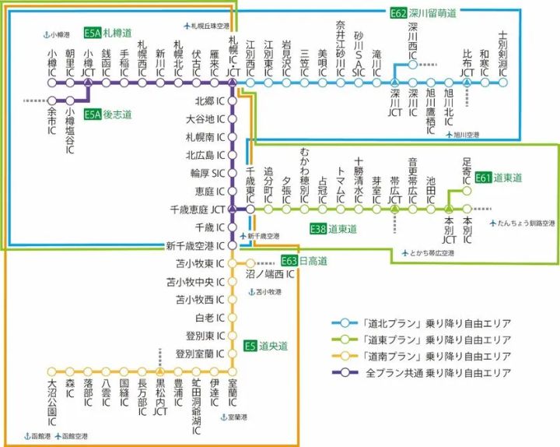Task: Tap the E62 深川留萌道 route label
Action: point(422,13)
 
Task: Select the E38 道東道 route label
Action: point(333,229)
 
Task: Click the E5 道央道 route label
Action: point(265,345)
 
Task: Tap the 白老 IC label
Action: point(211,318)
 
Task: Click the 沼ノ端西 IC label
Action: point(269,275)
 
